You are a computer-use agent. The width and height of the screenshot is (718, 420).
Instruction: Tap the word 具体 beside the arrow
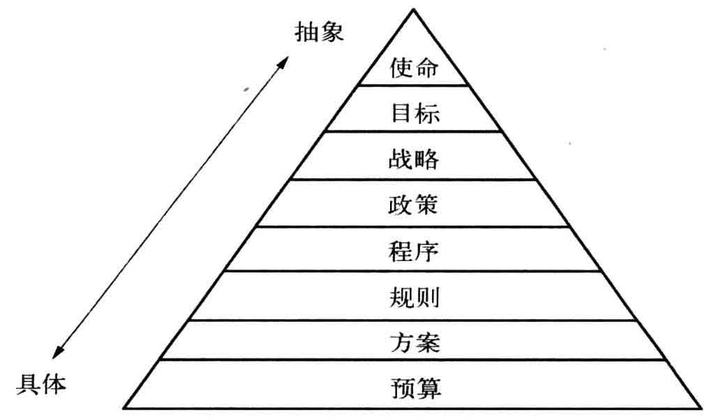42,384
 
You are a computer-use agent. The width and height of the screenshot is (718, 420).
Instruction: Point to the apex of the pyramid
414,9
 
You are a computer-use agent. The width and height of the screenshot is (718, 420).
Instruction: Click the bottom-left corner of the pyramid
124,407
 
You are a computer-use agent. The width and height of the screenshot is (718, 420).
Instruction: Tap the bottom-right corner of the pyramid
701,407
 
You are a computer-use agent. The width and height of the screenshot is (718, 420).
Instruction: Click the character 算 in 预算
428,387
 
